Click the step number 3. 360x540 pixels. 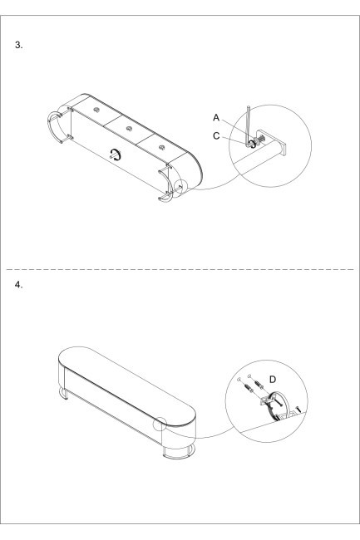point(18,45)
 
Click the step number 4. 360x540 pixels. point(18,285)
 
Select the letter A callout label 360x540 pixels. point(216,118)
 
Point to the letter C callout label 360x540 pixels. point(216,136)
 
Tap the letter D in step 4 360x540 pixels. point(273,380)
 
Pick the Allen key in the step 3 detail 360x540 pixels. point(249,127)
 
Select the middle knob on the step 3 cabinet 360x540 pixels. point(129,129)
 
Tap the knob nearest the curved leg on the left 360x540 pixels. point(96,110)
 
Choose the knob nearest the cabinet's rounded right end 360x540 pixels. point(162,148)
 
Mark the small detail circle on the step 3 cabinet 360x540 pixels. point(180,188)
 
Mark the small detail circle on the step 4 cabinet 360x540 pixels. point(160,424)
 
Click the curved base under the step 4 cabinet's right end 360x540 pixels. point(179,454)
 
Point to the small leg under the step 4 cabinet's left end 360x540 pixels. point(64,394)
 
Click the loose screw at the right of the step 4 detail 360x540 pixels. point(298,410)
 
